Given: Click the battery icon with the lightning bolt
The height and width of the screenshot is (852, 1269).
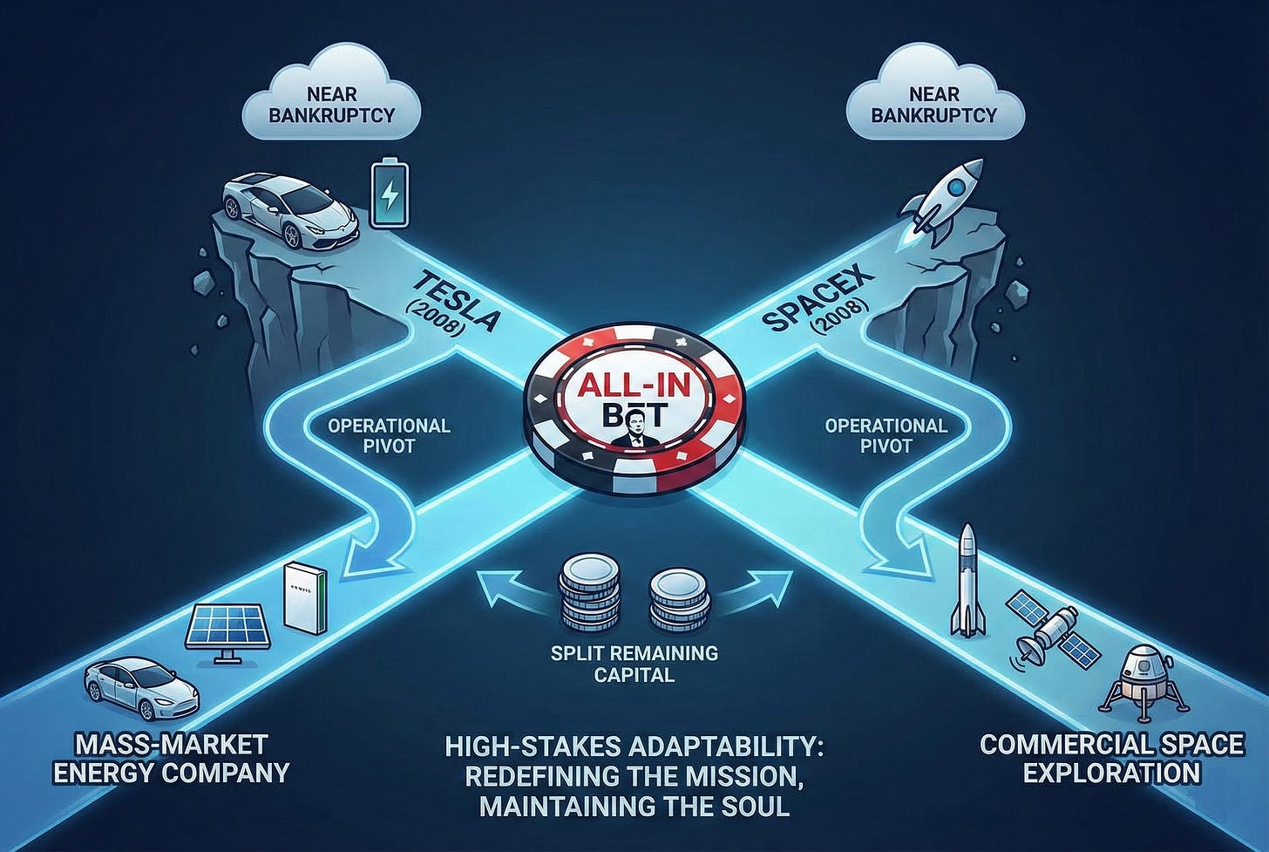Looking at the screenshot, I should [x=388, y=192].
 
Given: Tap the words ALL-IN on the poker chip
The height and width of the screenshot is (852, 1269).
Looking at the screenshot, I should [x=634, y=384].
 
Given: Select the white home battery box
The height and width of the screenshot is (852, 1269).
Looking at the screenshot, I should [x=304, y=596].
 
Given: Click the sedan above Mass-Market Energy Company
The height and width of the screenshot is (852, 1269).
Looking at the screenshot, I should [x=142, y=688].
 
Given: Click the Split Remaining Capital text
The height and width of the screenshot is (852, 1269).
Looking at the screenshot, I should [x=634, y=664].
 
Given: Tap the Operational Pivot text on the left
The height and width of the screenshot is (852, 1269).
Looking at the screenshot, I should [x=389, y=435].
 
